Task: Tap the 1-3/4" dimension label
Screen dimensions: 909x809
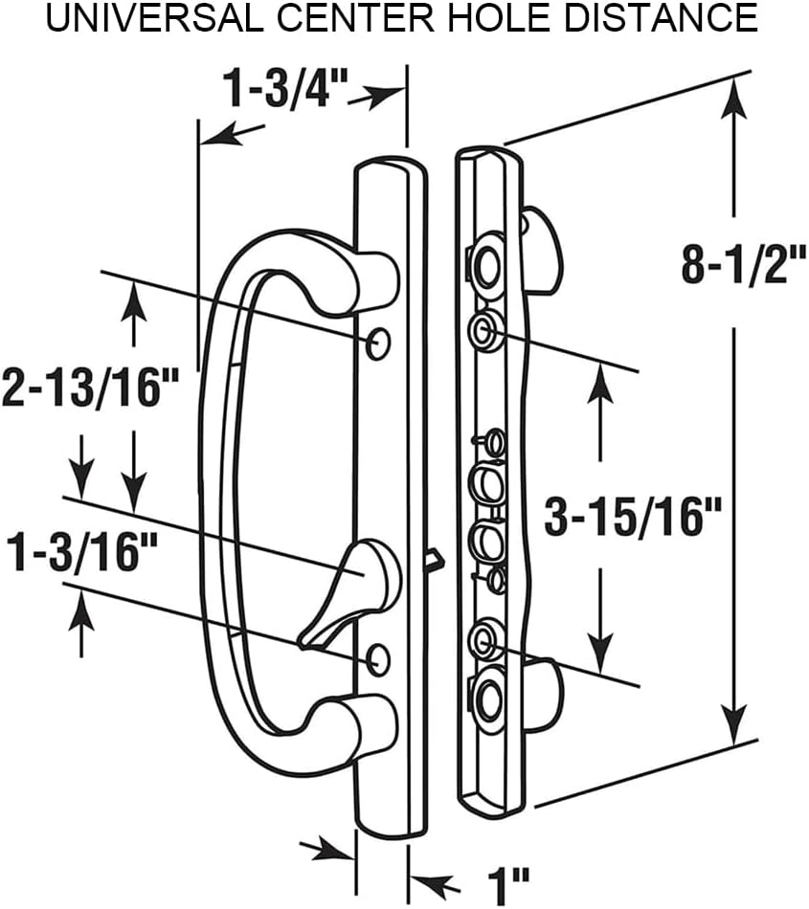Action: click(x=284, y=89)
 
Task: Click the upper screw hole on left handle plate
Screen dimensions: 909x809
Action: click(x=379, y=343)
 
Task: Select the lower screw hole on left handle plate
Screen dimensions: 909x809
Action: click(x=379, y=656)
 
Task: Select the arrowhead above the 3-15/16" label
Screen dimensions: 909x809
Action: click(x=601, y=383)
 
